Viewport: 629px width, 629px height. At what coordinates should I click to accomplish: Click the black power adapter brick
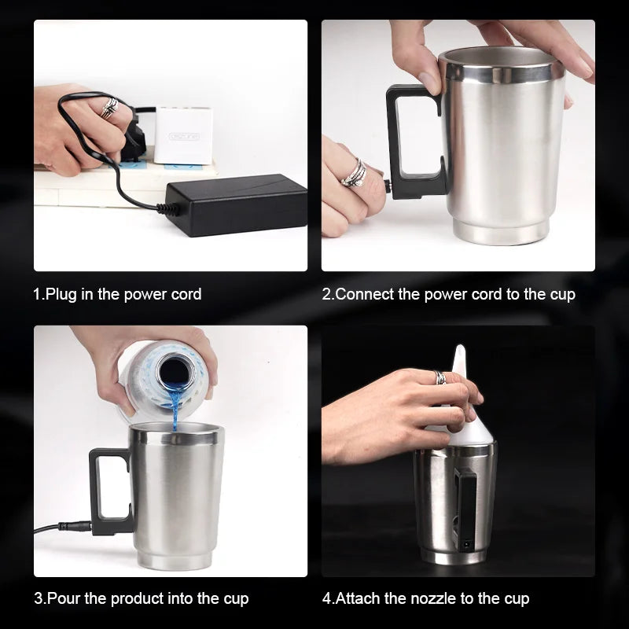click(237, 204)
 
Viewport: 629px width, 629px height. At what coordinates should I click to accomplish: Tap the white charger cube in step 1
click(183, 134)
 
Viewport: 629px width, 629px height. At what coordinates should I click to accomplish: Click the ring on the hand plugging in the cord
click(109, 108)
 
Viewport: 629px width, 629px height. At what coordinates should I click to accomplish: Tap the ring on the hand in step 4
click(440, 378)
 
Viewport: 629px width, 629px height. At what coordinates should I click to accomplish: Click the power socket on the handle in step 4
click(466, 545)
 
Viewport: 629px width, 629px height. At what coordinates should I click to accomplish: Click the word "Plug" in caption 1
click(62, 295)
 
